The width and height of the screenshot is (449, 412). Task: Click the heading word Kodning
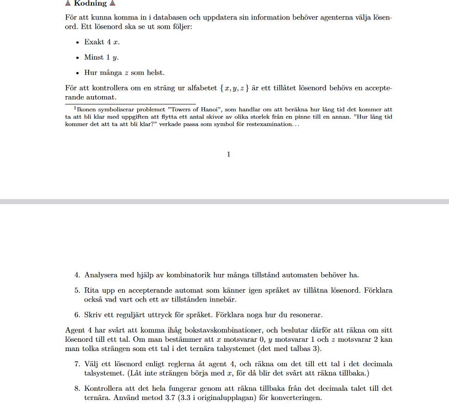[90, 4]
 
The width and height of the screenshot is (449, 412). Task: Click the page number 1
[229, 154]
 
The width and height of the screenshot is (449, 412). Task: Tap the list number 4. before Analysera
[77, 275]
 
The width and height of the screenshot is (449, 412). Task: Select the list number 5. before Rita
[77, 291]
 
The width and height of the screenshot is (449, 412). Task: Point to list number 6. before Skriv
[77, 315]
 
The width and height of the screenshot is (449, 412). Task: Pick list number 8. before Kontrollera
[77, 389]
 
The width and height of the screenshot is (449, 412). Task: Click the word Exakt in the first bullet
[94, 42]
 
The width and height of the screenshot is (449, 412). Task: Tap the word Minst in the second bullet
[94, 58]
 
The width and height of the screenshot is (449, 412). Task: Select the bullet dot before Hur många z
[77, 73]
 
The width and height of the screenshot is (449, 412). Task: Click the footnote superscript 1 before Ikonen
[75, 108]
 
